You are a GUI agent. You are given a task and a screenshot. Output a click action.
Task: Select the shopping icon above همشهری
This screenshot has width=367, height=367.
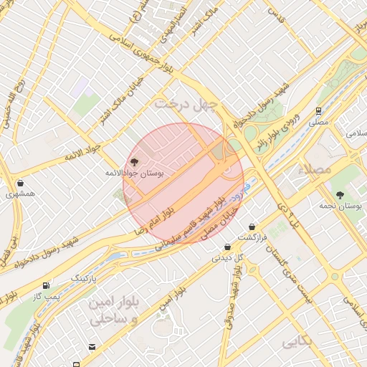coord(20,183)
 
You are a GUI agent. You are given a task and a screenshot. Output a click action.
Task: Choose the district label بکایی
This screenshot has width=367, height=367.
coord(298,343)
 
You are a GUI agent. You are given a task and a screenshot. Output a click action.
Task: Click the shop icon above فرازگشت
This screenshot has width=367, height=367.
coord(252,227)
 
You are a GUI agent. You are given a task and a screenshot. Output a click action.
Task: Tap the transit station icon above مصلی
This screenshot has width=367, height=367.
coord(318,110)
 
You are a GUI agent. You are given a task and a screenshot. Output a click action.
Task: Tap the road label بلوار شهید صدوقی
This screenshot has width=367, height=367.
coord(233,301)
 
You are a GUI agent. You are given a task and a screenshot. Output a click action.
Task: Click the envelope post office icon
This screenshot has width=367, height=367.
coord(92,347)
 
